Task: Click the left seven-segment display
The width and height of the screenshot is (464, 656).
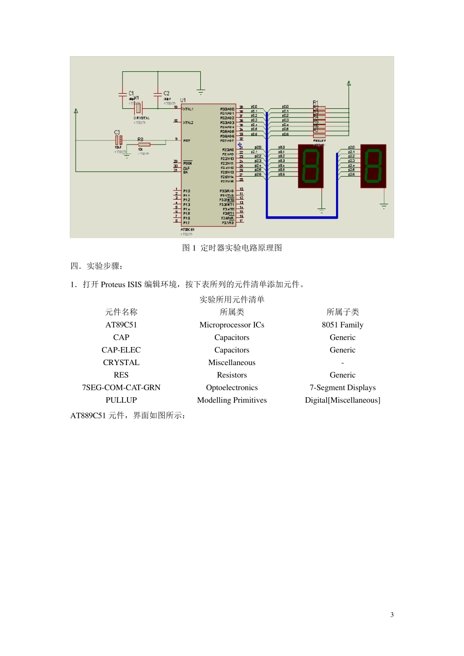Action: [311, 166]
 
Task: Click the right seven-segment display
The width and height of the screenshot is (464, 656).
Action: [373, 166]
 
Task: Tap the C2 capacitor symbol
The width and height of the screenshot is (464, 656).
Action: [158, 93]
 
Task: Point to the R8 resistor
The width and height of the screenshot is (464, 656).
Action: [144, 144]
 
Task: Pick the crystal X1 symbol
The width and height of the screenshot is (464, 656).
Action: [138, 107]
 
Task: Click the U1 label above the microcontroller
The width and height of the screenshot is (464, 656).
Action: [183, 100]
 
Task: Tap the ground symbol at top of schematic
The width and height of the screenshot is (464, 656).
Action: [200, 91]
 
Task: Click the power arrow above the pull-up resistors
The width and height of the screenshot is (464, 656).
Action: [349, 84]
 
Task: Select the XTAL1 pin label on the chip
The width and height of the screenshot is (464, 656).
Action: [188, 109]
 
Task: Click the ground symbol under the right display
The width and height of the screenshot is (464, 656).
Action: [384, 206]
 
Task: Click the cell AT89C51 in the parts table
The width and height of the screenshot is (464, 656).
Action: [121, 325]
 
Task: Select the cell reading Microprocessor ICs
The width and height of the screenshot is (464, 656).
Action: [232, 325]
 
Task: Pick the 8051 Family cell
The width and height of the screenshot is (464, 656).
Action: [342, 325]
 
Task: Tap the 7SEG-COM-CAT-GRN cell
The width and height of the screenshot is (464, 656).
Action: [121, 388]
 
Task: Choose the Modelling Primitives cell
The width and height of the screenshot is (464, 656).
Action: [232, 400]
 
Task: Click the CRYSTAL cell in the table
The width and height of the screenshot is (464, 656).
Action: [121, 363]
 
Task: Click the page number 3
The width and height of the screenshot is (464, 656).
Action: [392, 615]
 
